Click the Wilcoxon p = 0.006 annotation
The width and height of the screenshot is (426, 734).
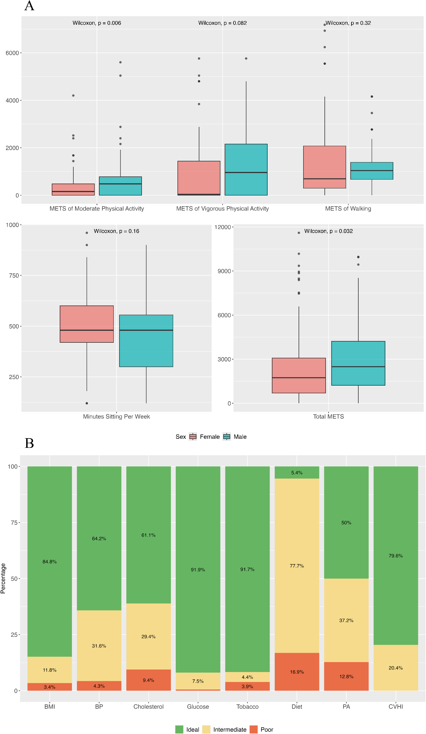(x=96, y=23)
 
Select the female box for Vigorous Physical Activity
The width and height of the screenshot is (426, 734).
(x=199, y=178)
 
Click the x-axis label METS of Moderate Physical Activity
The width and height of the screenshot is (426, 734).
(x=96, y=209)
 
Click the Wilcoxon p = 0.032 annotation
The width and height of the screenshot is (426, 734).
(x=328, y=231)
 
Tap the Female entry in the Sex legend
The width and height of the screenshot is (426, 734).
(x=204, y=436)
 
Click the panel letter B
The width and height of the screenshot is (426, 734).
(x=29, y=443)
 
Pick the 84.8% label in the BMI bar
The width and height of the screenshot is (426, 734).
(x=49, y=562)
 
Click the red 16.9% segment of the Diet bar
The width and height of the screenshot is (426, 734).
(x=297, y=672)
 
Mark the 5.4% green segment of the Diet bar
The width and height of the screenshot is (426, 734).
(x=297, y=473)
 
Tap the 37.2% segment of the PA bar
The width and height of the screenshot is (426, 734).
(x=346, y=620)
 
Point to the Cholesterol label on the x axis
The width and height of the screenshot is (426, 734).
(x=148, y=707)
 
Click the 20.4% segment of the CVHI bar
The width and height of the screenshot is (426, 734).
(x=395, y=668)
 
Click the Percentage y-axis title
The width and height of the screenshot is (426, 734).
(x=3, y=578)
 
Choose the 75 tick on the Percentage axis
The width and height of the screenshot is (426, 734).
(x=14, y=523)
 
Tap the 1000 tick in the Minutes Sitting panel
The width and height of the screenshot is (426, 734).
(x=12, y=225)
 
